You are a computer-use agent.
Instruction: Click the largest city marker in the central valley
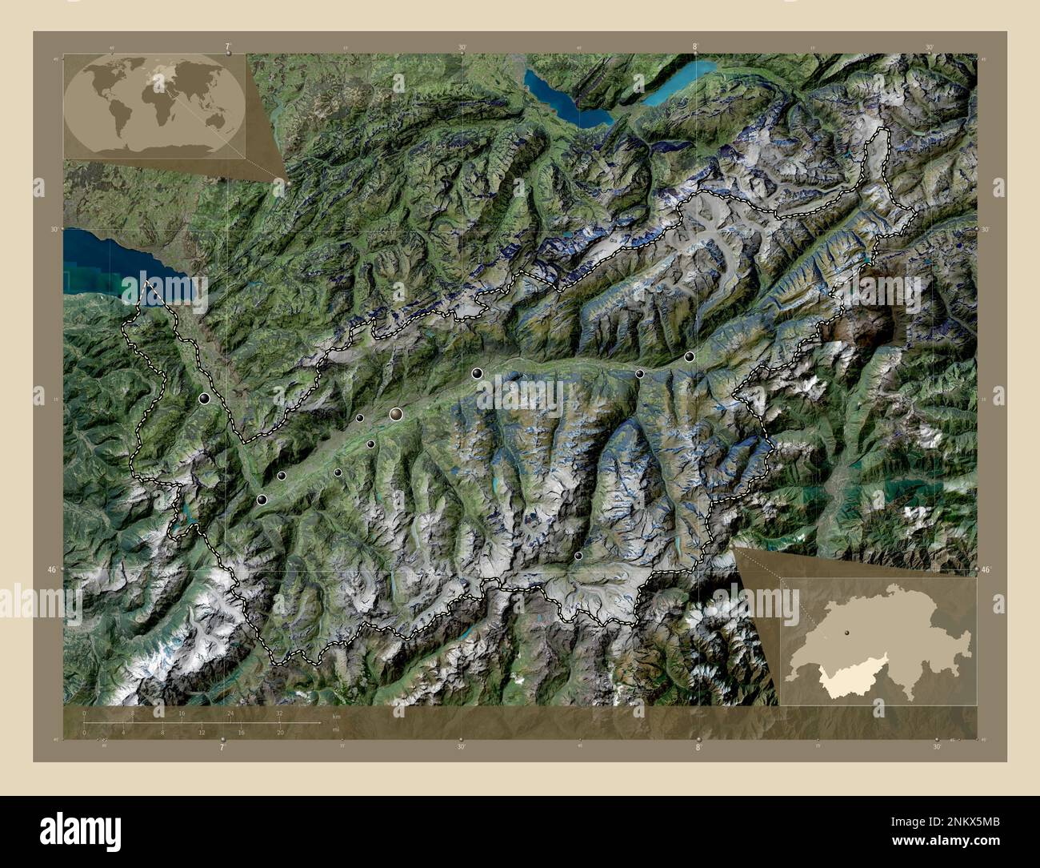pos(396,413)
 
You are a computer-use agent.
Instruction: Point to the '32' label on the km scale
pos(279,713)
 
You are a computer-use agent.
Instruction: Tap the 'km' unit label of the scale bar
pos(336,717)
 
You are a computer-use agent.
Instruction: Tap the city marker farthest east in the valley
pos(690,356)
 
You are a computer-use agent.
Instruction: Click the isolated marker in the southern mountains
pos(578,555)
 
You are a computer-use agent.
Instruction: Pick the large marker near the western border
pos(205,398)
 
